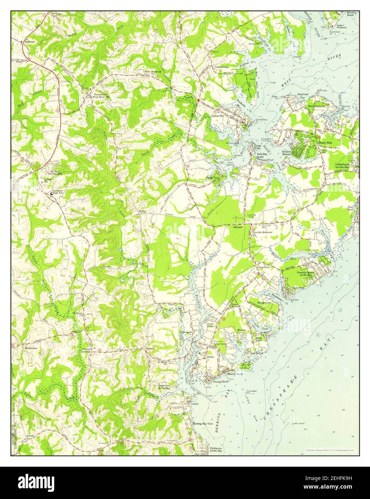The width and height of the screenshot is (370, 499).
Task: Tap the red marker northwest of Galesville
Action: pyautogui.click(x=198, y=101)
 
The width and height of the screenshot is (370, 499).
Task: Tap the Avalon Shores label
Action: pyautogui.click(x=286, y=153)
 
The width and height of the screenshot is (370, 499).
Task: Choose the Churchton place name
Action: pyautogui.click(x=263, y=267)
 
